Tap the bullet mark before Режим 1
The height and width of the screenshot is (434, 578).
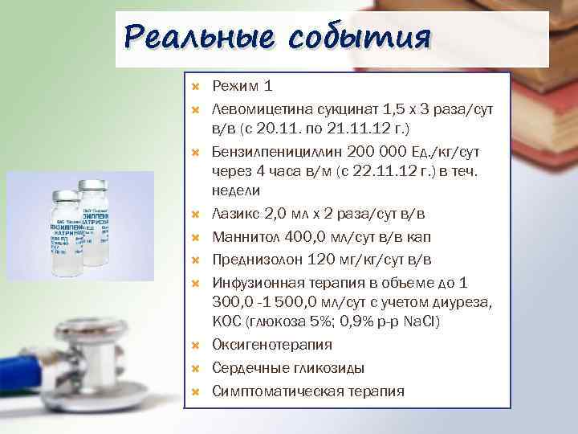tap(195, 85)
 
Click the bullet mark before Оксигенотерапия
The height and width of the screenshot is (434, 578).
tap(195, 346)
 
